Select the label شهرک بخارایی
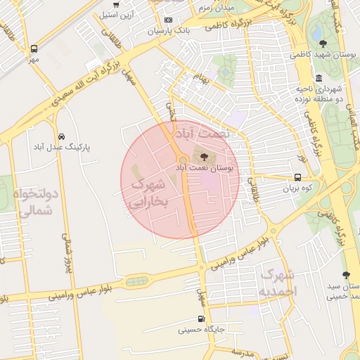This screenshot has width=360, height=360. (x=147, y=193)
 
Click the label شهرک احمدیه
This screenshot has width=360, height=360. (x=278, y=281)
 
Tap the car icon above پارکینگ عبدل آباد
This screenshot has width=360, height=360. (x=62, y=136)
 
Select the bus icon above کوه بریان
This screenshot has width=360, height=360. (x=299, y=178)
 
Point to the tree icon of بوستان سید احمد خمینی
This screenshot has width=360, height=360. (x=345, y=275)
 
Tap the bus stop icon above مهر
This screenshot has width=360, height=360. (x=34, y=49)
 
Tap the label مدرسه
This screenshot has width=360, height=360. (x=241, y=351)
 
